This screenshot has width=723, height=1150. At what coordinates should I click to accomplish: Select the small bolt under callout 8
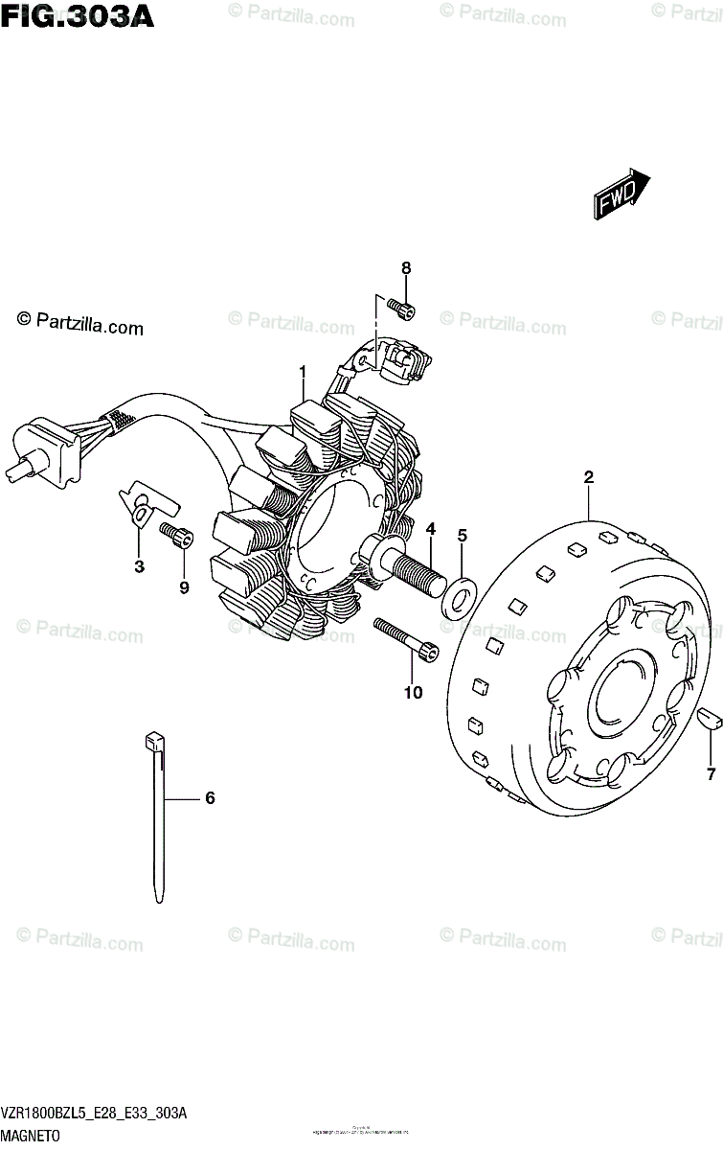[x=403, y=308]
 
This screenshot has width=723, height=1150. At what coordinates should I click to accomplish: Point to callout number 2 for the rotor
[x=589, y=476]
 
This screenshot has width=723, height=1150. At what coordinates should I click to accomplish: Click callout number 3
[x=139, y=566]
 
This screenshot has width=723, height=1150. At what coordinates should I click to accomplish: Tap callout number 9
[x=184, y=587]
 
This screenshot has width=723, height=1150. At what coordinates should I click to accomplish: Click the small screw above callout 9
[x=177, y=537]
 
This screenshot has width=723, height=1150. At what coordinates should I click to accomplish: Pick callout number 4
[x=431, y=528]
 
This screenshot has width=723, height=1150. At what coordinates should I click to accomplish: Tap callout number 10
[x=413, y=692]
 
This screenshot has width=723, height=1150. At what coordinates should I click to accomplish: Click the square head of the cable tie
[x=153, y=741]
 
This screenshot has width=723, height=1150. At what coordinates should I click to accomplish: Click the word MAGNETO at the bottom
[x=32, y=1136]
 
